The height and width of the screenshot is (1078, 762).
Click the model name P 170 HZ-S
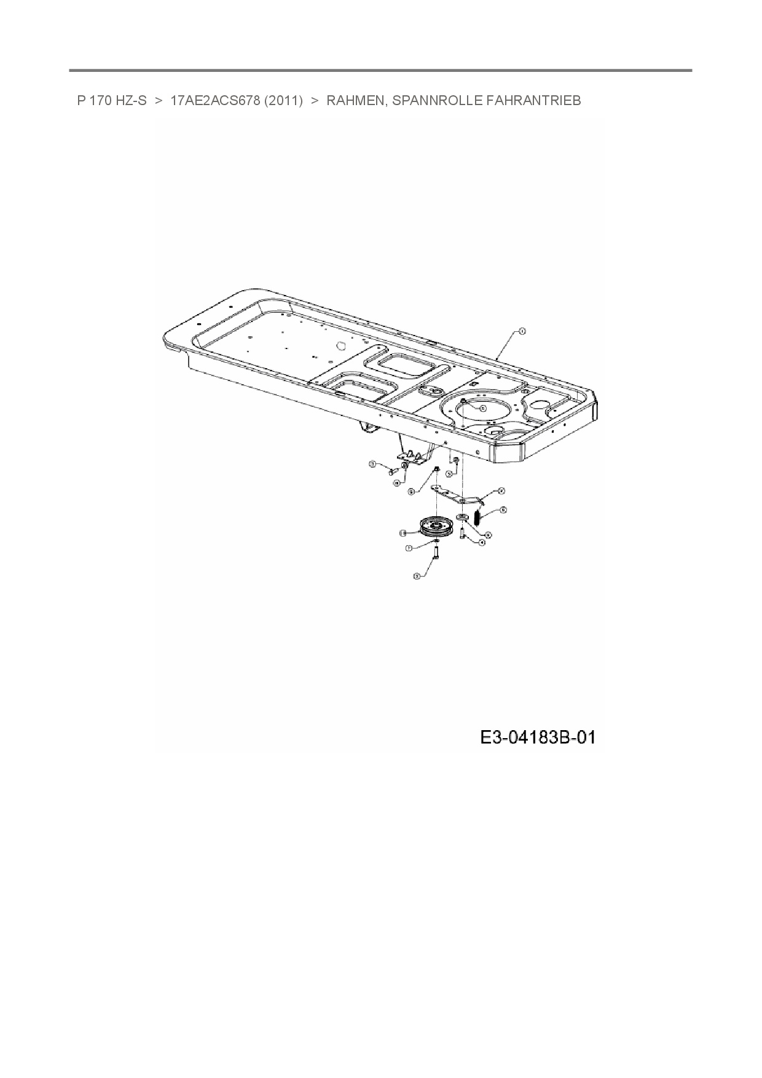[112, 101]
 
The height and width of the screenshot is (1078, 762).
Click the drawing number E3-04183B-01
[538, 737]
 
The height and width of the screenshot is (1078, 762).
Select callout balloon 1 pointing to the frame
[522, 331]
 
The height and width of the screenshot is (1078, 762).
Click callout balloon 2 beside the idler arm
[501, 490]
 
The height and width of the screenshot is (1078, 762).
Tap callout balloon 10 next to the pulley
[403, 532]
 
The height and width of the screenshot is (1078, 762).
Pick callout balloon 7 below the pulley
[408, 547]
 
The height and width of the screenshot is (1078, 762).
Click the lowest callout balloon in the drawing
[417, 576]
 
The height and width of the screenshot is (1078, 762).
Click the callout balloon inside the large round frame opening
[482, 407]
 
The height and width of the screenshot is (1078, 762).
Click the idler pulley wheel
[436, 527]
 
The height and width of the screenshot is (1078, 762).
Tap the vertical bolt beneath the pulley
[436, 553]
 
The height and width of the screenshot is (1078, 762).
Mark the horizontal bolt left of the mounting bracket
[391, 472]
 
